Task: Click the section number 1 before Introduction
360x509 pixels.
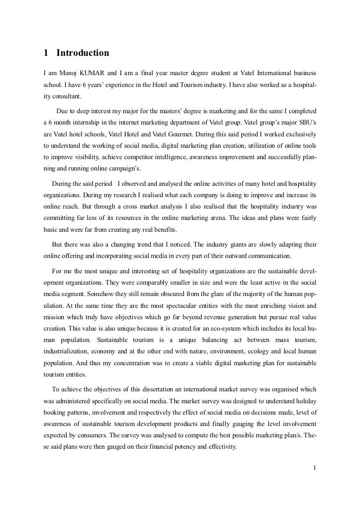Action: point(45,52)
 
